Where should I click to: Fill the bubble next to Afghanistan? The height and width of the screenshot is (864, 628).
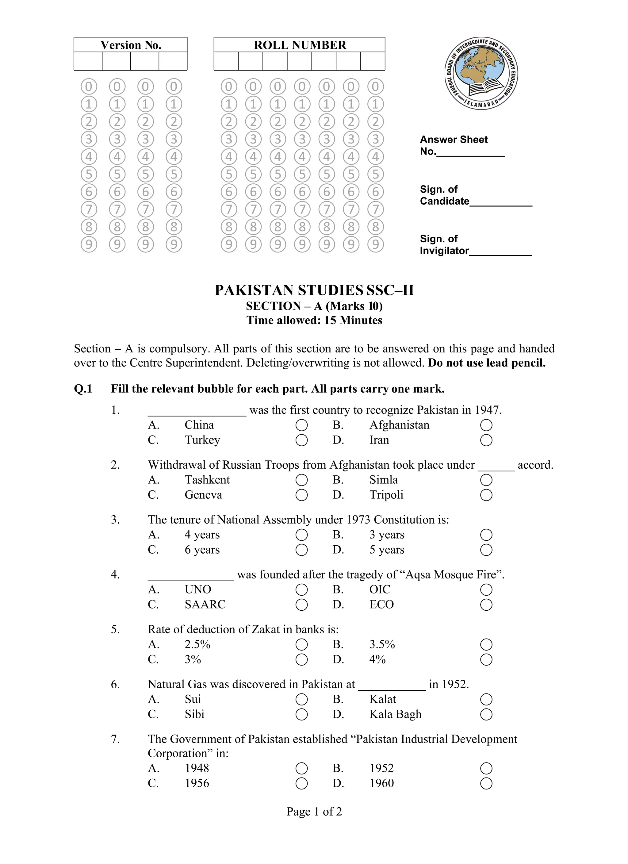(x=486, y=425)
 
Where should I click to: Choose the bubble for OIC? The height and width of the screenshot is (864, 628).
(x=486, y=590)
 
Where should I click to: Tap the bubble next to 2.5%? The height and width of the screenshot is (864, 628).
(x=302, y=645)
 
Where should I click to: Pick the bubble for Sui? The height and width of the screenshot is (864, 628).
(x=302, y=699)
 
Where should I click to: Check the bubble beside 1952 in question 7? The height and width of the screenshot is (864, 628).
(x=486, y=768)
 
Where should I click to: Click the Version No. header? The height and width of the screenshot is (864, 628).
(x=131, y=45)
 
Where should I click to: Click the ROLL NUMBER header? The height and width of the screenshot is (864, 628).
(x=300, y=45)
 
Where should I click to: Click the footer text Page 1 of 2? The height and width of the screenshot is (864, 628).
(x=314, y=812)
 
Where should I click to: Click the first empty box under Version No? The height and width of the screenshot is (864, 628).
(x=88, y=61)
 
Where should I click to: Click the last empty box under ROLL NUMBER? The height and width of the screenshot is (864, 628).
(x=373, y=61)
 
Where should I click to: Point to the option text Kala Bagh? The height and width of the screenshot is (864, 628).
(x=395, y=714)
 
